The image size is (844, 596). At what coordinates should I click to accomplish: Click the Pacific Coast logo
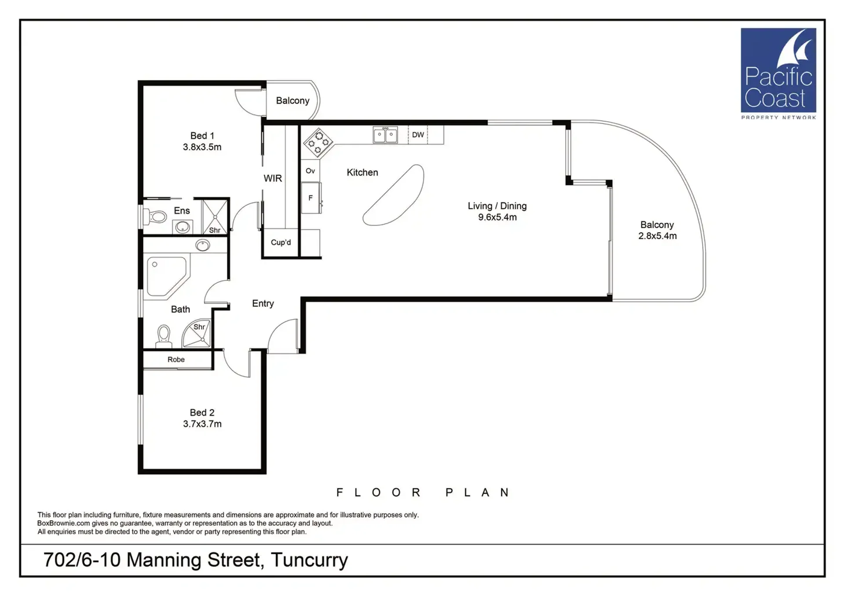(x=778, y=73)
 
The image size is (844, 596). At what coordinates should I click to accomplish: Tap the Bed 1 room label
(x=202, y=136)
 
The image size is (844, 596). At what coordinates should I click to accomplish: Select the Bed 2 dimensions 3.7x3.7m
(x=202, y=424)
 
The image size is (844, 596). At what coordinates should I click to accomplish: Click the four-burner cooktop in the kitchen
(x=318, y=142)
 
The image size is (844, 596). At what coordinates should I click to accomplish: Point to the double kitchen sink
(x=385, y=135)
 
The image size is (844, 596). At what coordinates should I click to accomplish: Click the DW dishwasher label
(x=418, y=135)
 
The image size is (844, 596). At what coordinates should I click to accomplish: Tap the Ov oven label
(x=310, y=171)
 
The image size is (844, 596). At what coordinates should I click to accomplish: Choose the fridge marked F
(x=311, y=198)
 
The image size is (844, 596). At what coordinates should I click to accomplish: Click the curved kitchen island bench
(x=393, y=195)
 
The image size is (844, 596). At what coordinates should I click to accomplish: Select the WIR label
(x=273, y=178)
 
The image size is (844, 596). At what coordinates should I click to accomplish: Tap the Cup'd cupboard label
(x=281, y=242)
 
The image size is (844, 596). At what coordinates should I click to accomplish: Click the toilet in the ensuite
(x=155, y=216)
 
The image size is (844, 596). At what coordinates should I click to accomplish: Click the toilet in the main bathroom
(x=164, y=336)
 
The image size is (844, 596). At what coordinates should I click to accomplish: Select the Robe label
(x=176, y=360)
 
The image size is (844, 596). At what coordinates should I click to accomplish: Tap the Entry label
(x=263, y=304)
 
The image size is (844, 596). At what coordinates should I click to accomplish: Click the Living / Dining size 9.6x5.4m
(x=497, y=217)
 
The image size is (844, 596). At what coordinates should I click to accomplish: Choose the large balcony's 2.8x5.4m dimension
(x=658, y=236)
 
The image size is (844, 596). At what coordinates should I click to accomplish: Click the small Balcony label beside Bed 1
(x=292, y=101)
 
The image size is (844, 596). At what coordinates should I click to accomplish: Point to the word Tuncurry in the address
(x=309, y=560)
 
